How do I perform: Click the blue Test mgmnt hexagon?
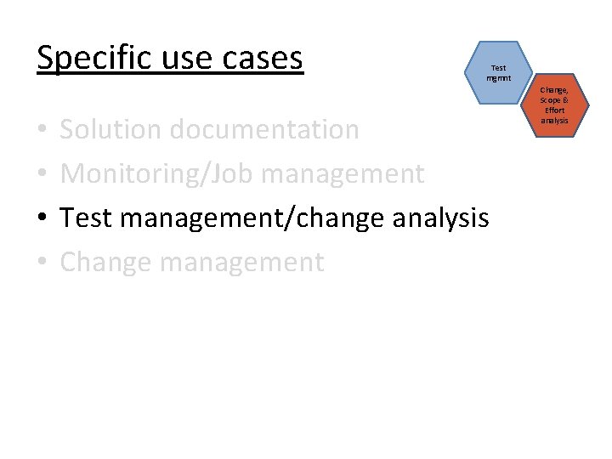pos(498,73)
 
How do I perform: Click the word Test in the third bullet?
pos(87,218)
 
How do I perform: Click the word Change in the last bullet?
pos(105,262)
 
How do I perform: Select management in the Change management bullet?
pos(241,262)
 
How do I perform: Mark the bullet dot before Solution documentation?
pos(42,131)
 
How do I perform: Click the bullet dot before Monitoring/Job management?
pos(42,175)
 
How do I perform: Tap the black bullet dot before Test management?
pos(42,219)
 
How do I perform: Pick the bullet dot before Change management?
pos(42,263)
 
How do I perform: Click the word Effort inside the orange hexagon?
pos(554,110)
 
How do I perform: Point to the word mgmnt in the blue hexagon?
pos(498,78)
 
